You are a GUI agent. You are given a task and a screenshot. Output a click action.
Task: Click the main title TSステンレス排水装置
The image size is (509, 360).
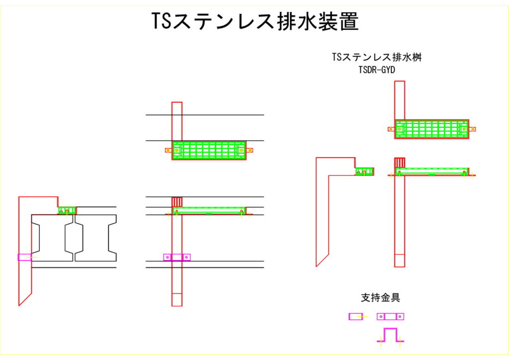pos(254,21)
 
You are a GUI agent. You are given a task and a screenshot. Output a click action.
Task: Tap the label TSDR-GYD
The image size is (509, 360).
pos(377,70)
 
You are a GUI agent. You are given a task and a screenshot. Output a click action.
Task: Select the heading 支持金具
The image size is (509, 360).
pos(380,298)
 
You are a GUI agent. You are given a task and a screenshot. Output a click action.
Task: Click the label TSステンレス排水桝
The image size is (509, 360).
pos(377,58)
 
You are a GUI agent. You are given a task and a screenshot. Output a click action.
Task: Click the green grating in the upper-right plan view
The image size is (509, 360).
pos(431,129)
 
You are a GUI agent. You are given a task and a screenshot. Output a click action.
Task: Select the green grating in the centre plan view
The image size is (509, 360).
pos(209,150)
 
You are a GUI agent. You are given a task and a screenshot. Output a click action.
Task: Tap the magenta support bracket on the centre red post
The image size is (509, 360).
pos(177,257)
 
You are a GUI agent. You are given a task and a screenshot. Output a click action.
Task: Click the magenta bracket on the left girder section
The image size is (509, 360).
pos(24,257)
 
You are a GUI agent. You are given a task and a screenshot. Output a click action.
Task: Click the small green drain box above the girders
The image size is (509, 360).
pos(66,210)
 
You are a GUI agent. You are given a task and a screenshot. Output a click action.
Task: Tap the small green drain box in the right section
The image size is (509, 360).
pos(364,171)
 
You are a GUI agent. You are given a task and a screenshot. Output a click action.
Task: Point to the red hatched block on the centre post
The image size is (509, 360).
pos(177,202)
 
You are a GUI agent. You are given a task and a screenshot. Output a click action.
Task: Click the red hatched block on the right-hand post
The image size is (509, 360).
pos(400,163)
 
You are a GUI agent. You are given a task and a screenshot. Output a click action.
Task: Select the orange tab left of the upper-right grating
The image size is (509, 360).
pos(391,129)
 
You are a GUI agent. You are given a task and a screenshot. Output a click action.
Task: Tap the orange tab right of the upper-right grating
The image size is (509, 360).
pos(473,129)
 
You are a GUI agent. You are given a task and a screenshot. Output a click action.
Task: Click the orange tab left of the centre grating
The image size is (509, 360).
pos(169,150)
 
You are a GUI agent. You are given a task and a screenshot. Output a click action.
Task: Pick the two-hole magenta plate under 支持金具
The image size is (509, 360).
pos(390,316)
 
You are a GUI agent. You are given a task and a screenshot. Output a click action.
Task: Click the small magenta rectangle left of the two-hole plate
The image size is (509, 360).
pos(356,316)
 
